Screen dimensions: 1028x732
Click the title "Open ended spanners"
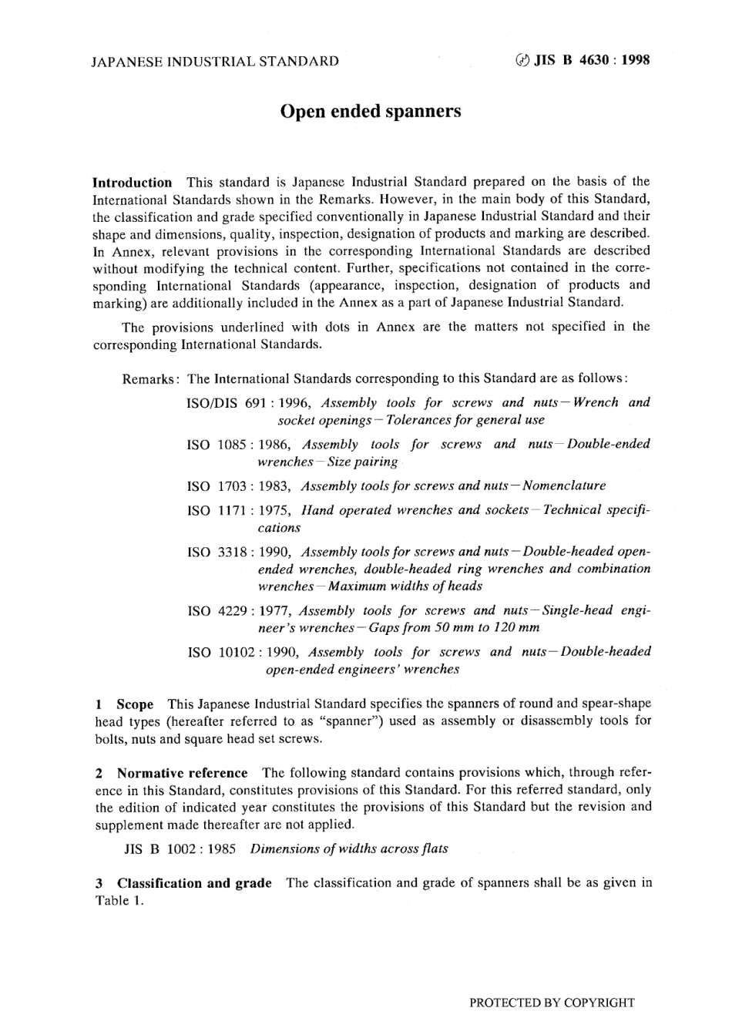370,112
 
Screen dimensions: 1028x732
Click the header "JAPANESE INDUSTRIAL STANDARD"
215,62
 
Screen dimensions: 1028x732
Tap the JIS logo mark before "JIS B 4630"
522,61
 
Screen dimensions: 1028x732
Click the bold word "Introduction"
132,183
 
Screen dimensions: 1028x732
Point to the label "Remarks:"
152,379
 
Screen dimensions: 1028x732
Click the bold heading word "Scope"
135,704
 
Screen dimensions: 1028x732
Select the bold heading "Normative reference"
182,773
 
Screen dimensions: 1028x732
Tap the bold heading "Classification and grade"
194,883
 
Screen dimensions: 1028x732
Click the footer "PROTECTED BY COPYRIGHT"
552,1003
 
